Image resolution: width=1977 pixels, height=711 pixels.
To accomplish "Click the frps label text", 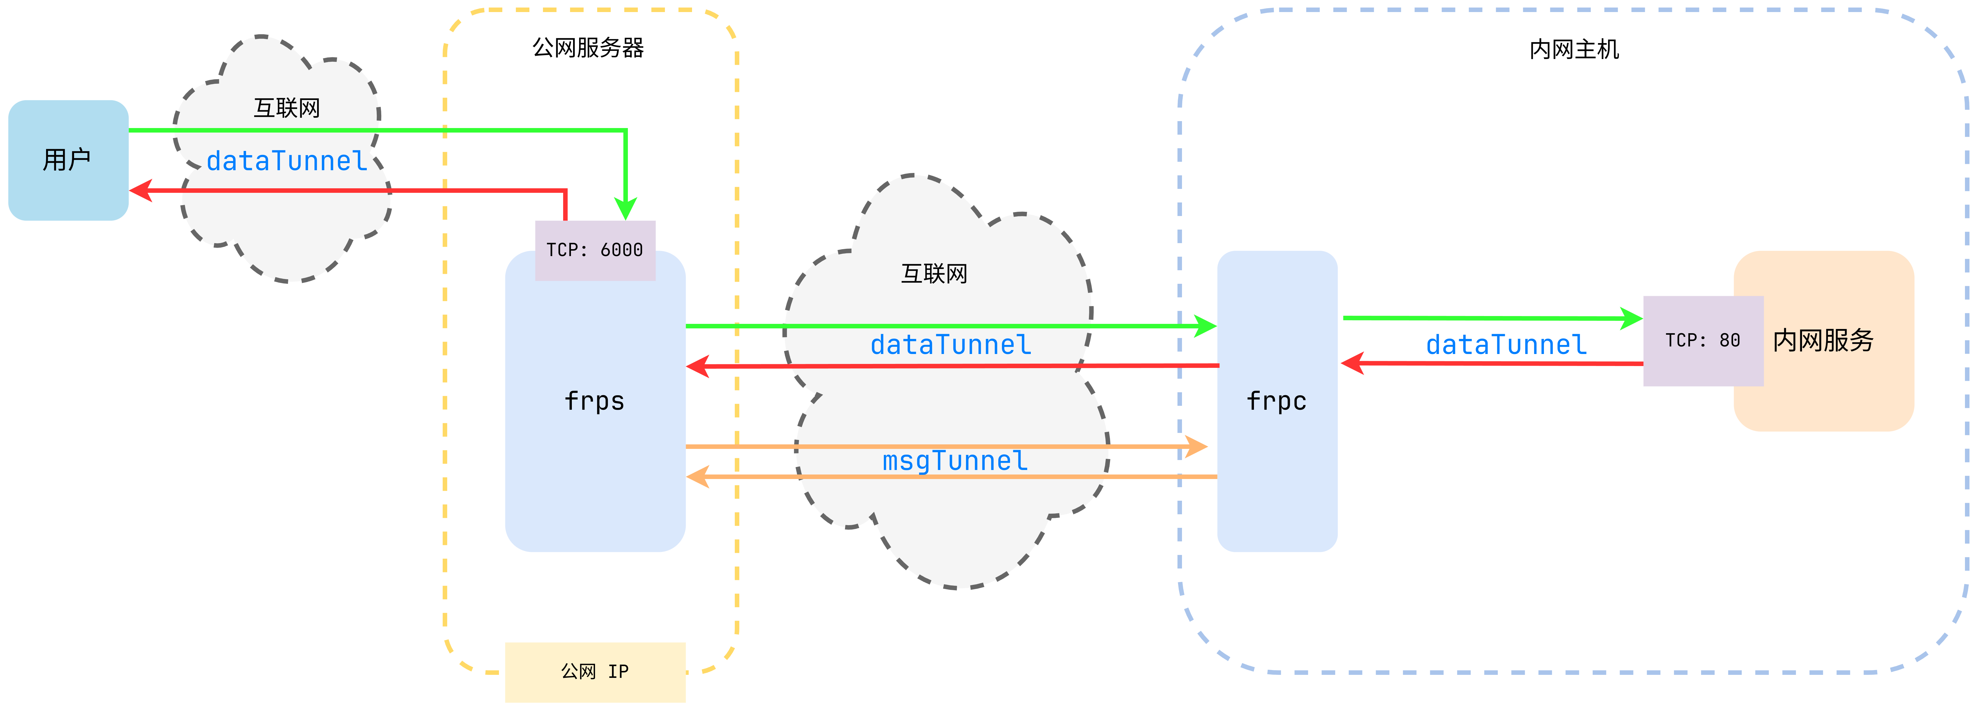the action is click(595, 401).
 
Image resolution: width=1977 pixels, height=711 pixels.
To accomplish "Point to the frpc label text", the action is click(1276, 401).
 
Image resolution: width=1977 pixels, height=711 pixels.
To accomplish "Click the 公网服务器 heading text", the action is click(588, 48).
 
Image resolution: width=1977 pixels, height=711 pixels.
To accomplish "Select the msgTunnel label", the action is click(955, 461).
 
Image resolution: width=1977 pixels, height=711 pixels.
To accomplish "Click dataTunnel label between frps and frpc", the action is click(951, 345).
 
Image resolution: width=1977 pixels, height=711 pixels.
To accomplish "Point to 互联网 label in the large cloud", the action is click(934, 273).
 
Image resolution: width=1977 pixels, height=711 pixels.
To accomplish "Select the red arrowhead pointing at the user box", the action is click(140, 190).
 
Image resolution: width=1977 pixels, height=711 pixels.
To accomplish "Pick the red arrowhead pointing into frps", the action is click(698, 366).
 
